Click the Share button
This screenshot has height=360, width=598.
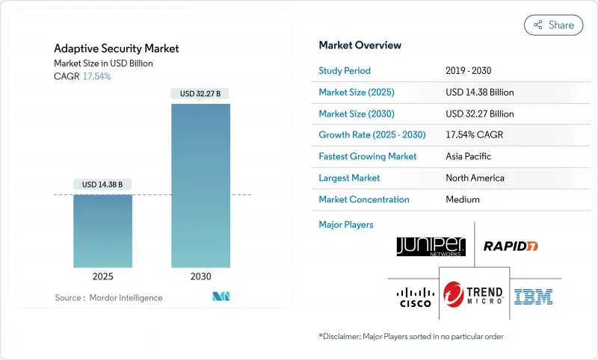click(x=553, y=25)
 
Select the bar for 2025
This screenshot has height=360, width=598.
click(x=102, y=232)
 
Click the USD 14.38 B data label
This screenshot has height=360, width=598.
click(x=102, y=184)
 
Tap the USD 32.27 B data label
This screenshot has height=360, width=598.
click(x=200, y=93)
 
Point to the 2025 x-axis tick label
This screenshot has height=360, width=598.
click(x=102, y=276)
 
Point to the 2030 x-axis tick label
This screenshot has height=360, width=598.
click(x=200, y=276)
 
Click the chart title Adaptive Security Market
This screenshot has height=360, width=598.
click(x=116, y=49)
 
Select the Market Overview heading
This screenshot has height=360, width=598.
click(x=360, y=45)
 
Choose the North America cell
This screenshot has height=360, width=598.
click(x=475, y=178)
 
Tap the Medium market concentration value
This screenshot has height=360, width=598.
click(x=463, y=199)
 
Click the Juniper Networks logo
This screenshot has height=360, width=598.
click(x=431, y=246)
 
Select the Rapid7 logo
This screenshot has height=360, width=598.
click(x=511, y=246)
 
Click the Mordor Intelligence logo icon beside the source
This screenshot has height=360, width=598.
click(x=221, y=297)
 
